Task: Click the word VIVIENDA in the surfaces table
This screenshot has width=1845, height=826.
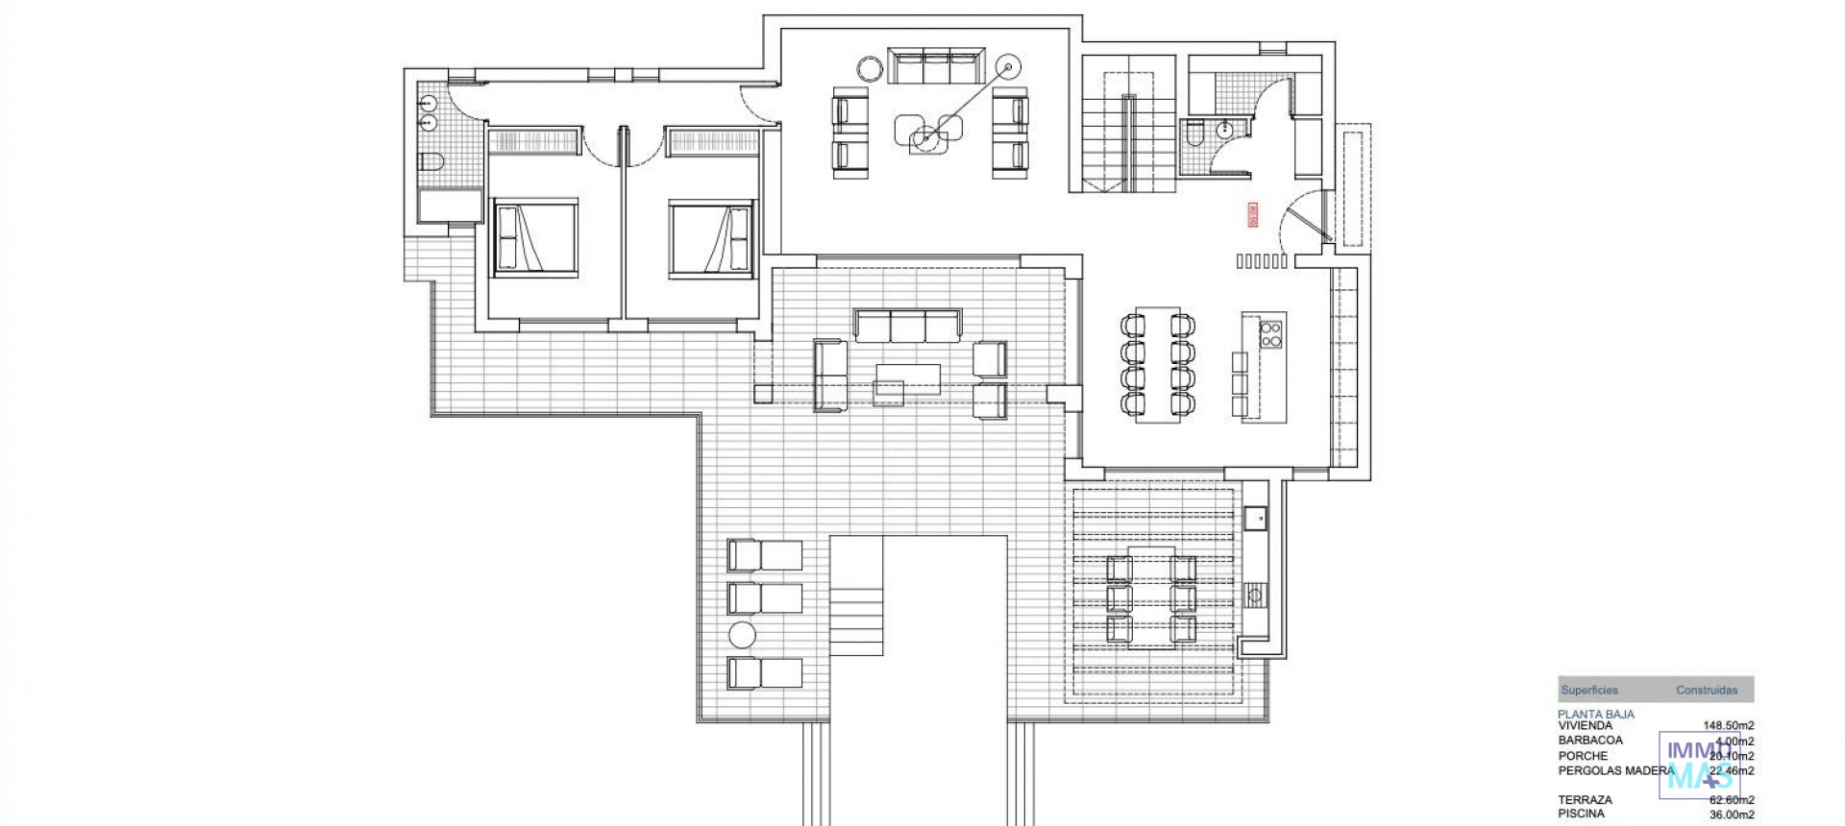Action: (x=1586, y=726)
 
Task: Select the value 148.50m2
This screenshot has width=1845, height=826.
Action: (x=1728, y=726)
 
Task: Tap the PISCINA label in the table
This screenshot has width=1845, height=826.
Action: (x=1581, y=814)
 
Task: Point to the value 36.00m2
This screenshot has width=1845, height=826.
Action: (x=1731, y=814)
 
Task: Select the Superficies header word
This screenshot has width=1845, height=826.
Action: (x=1589, y=690)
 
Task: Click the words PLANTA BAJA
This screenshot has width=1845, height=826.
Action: (x=1595, y=714)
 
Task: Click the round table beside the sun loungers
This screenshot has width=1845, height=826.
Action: (x=743, y=635)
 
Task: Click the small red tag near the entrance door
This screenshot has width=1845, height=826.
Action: (x=1252, y=214)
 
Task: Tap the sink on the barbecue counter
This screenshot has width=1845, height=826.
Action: (x=1255, y=520)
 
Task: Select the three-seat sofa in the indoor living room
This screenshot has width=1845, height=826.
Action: (x=935, y=67)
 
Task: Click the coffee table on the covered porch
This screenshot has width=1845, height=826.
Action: (x=907, y=378)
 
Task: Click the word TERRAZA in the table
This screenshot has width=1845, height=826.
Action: (x=1586, y=799)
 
